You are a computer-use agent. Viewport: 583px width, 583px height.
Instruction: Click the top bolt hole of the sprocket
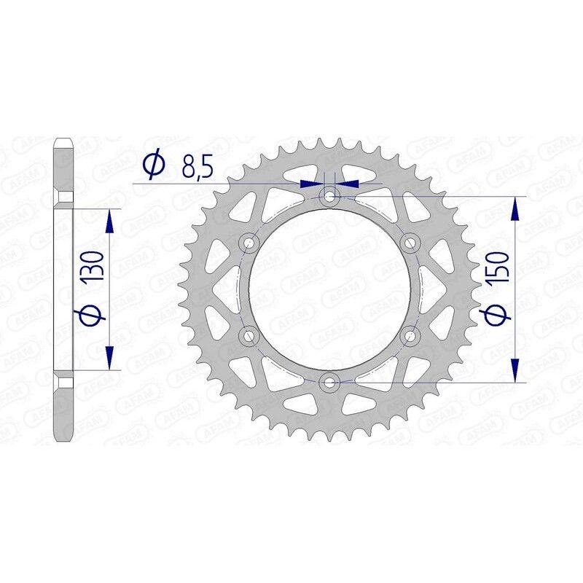coord(330,195)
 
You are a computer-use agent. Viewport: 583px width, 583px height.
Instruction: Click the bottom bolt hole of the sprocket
coord(330,381)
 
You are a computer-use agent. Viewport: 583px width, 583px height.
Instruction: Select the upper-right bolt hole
coord(410,241)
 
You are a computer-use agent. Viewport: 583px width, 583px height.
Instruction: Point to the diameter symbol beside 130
coord(96,315)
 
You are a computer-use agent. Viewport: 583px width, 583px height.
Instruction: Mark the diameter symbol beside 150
coord(498,317)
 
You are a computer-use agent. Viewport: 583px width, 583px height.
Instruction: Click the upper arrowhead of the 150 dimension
coord(516,207)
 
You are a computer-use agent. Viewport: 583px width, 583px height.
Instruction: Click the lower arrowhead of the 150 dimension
coord(516,370)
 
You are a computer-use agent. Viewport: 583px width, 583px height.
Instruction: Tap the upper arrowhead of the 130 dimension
coord(110,219)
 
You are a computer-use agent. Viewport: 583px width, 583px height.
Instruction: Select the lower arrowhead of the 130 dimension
coord(110,357)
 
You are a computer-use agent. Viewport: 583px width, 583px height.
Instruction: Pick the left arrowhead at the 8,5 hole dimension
coord(312,184)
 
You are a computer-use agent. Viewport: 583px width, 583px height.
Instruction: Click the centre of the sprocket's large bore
coord(330,289)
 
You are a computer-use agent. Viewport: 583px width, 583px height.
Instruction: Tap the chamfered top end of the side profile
coord(63,141)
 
